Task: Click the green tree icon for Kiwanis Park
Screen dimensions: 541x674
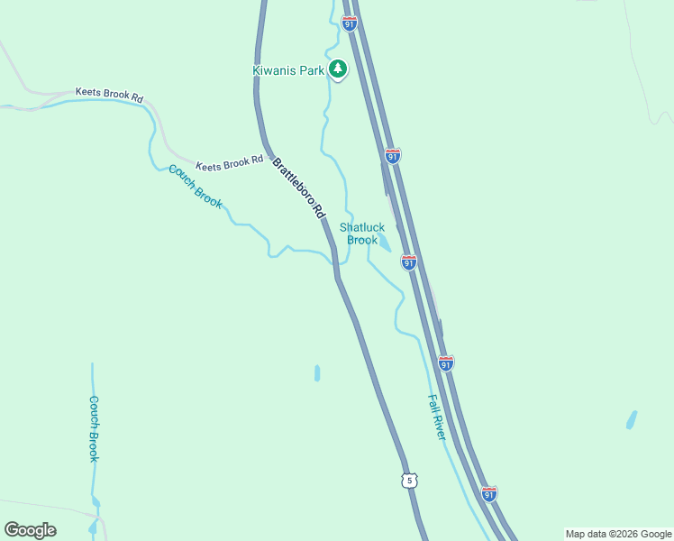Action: (x=338, y=69)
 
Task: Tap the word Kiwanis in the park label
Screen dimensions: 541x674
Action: (x=277, y=70)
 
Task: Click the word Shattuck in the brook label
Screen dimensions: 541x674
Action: (x=362, y=227)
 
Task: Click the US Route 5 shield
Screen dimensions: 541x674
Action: (x=410, y=481)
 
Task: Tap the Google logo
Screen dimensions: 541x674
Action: (x=30, y=530)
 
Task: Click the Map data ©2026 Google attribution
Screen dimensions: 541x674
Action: (x=618, y=534)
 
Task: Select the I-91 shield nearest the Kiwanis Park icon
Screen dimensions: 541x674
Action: (x=350, y=23)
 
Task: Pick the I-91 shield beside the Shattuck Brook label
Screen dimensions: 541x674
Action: (x=409, y=262)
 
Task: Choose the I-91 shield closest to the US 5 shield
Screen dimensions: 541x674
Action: (x=489, y=494)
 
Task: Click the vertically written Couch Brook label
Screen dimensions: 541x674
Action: (x=94, y=428)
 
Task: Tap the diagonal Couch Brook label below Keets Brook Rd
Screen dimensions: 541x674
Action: (x=196, y=186)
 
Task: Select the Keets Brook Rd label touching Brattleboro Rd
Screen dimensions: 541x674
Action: (x=230, y=163)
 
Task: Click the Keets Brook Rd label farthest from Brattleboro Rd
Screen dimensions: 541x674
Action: (x=109, y=94)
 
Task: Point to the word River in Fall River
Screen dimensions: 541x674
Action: (x=439, y=426)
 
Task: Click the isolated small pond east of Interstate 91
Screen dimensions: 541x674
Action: (x=632, y=419)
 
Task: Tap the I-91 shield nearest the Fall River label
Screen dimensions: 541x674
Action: (x=445, y=362)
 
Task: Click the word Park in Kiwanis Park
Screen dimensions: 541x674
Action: (x=312, y=70)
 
